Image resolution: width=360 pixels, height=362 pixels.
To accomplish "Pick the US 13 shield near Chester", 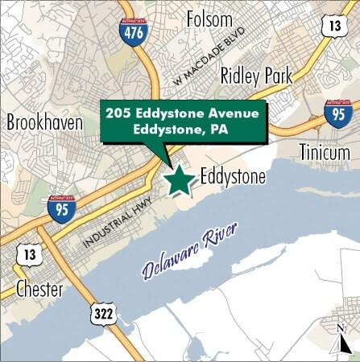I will tap(31, 254).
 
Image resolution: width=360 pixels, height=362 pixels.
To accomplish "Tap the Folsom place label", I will tap(209, 19).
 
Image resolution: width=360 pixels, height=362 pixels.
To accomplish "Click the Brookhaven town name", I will tap(45, 122).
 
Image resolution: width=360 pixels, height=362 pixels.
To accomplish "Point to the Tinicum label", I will tap(325, 151).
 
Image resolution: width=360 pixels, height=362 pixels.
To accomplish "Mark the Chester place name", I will tap(39, 290).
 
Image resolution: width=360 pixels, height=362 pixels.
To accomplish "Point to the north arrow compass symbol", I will tap(344, 337).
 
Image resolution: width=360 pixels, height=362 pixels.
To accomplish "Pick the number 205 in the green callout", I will tap(119, 113).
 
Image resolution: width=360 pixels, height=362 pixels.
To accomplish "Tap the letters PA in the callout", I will tap(217, 130).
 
